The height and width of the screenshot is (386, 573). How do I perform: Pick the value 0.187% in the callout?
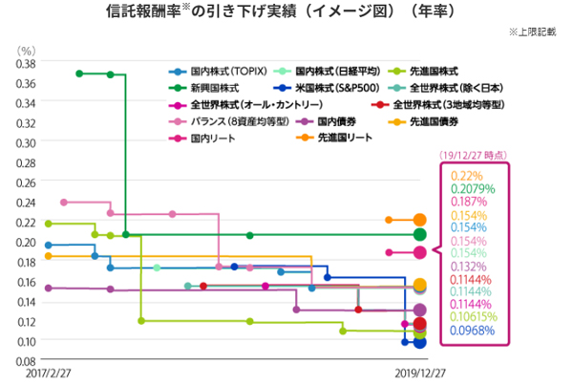click(x=468, y=204)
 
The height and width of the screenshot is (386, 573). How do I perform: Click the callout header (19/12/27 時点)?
click(x=472, y=155)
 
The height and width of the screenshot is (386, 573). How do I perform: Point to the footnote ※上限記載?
click(x=539, y=32)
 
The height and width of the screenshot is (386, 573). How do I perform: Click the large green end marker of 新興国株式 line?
click(x=419, y=235)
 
